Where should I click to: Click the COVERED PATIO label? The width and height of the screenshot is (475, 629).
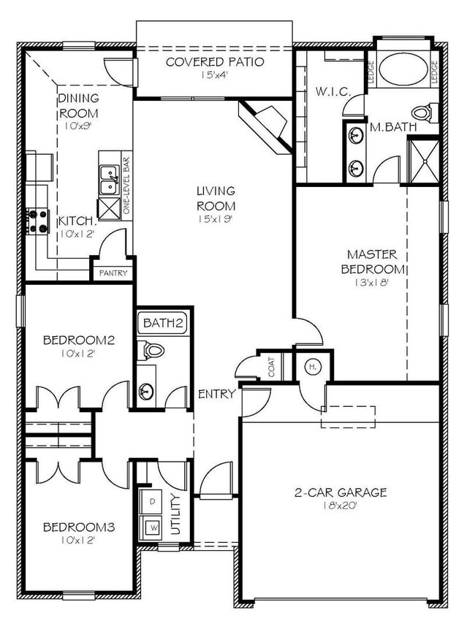tap(214, 61)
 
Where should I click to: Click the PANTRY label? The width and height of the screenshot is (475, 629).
tap(112, 273)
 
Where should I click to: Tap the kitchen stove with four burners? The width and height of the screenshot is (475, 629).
tap(37, 221)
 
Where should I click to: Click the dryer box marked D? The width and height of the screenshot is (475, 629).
tap(153, 502)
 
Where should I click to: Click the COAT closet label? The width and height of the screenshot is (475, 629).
tap(272, 369)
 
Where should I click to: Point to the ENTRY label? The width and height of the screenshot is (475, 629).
tap(217, 394)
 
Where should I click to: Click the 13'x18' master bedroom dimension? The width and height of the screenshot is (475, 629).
tap(372, 282)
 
